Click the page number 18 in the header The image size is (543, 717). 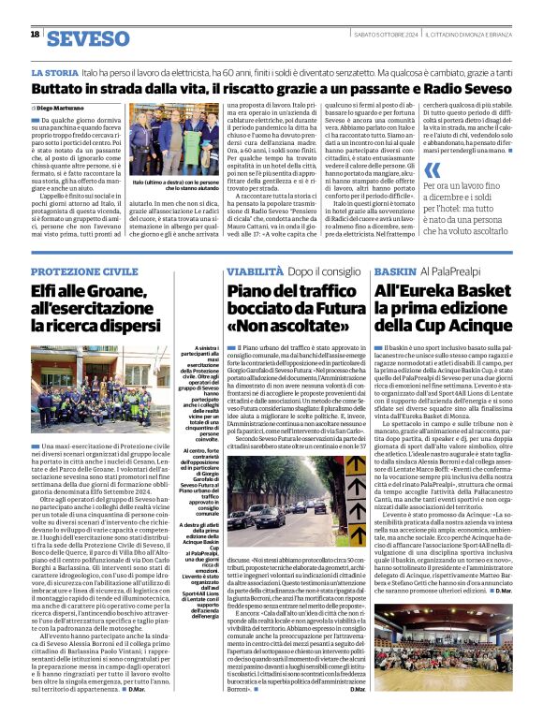[35, 35]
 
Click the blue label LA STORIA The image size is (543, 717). [55, 72]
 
